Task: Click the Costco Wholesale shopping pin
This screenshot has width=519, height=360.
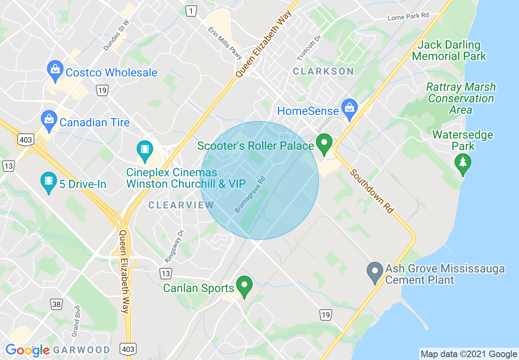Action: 54,71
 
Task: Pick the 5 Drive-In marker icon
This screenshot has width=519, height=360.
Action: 49,182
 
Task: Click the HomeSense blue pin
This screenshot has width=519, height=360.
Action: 350,109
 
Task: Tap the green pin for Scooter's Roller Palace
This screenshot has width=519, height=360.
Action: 324,144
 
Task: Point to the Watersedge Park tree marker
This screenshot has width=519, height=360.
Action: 463,163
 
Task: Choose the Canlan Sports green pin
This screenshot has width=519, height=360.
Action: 244,286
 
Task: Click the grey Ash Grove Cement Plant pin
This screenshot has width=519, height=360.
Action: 375,272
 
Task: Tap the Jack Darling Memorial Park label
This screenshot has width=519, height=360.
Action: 449,50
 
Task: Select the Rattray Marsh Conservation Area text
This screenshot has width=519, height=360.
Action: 461,99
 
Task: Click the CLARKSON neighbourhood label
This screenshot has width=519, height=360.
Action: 323,71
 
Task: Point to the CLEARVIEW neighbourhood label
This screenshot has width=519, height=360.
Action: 181,205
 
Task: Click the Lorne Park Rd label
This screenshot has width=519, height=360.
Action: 408,17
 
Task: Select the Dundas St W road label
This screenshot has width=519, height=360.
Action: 116,35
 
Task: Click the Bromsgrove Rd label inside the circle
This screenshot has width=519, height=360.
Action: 250,194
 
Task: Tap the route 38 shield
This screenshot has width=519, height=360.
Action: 56,304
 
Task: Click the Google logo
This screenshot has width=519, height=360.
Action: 27,350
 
